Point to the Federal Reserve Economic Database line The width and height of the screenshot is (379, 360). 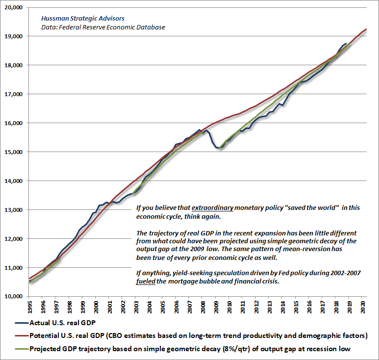tap(103, 27)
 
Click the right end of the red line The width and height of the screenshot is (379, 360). tap(365, 29)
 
